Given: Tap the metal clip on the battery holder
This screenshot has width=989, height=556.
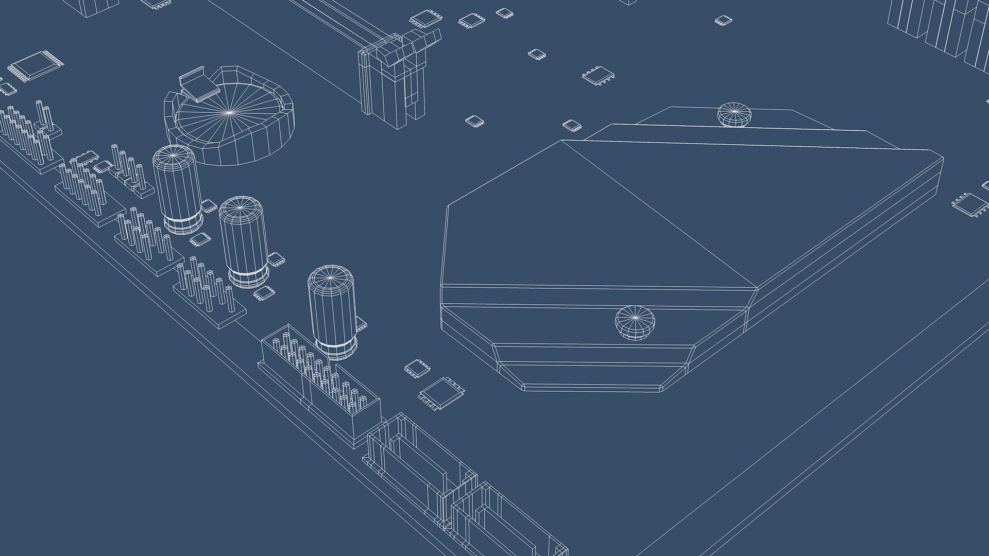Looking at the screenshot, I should pyautogui.click(x=198, y=85).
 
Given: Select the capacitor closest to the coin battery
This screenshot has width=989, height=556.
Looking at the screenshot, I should pyautogui.click(x=177, y=189).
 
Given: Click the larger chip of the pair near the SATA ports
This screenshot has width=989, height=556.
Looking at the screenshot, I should pyautogui.click(x=442, y=394).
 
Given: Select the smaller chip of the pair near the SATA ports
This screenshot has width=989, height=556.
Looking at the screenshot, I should pyautogui.click(x=416, y=368).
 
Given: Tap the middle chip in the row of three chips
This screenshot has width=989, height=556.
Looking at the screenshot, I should pyautogui.click(x=471, y=21).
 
